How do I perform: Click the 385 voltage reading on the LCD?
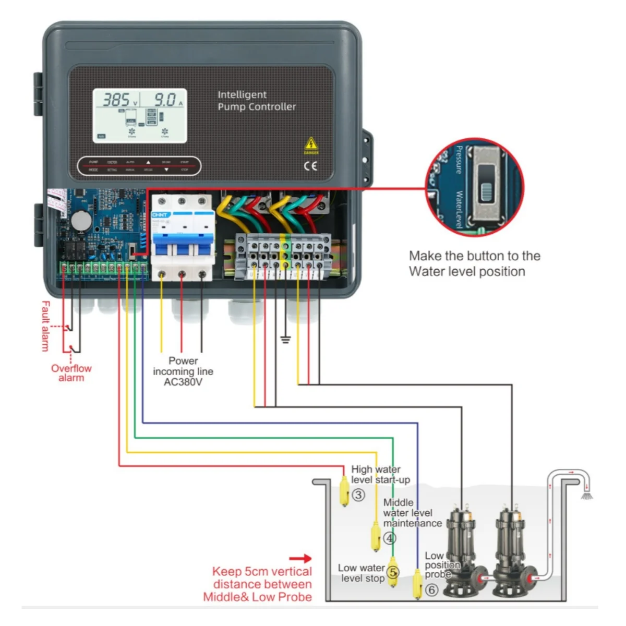click(116, 100)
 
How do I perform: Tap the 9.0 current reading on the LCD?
click(165, 100)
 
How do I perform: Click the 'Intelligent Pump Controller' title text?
click(256, 101)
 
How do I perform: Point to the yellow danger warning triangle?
click(311, 144)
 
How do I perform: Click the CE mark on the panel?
click(310, 166)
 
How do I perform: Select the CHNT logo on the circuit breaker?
click(160, 215)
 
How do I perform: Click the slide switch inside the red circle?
click(486, 183)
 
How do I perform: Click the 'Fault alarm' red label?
click(46, 326)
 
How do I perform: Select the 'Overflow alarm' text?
click(71, 372)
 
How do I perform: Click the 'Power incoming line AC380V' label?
click(183, 371)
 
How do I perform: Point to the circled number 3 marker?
click(358, 495)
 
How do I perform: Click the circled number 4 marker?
click(390, 538)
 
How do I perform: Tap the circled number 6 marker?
click(431, 590)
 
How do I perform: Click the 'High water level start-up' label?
click(380, 474)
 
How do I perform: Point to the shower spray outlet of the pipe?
click(587, 495)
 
